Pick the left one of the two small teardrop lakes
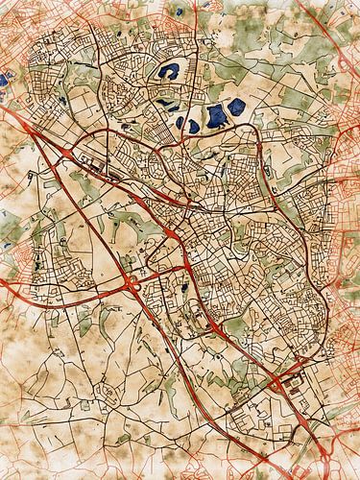181,122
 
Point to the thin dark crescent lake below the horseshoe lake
167,102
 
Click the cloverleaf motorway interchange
131,283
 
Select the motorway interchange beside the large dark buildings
282,385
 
